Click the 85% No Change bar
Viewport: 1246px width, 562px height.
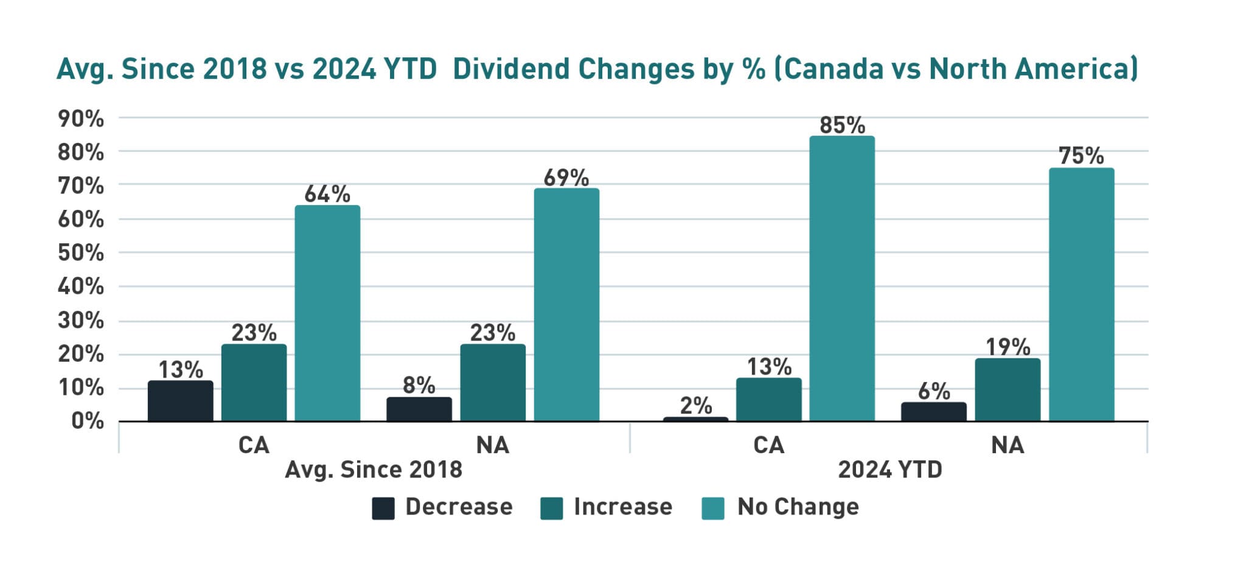pos(842,279)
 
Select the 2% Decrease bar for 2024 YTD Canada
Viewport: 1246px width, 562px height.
pos(695,419)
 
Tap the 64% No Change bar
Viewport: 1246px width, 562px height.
pos(327,313)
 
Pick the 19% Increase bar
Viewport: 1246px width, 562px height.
pos(1008,390)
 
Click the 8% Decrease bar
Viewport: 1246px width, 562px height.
pos(419,409)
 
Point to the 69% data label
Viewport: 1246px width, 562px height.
pos(566,178)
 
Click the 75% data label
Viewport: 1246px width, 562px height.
pos(1081,156)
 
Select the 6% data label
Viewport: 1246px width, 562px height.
pos(934,391)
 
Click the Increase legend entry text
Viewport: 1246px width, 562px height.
pos(623,507)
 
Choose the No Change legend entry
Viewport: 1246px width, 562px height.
pos(798,507)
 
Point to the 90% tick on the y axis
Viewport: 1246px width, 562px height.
pos(81,119)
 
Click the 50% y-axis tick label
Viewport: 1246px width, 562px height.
pos(81,252)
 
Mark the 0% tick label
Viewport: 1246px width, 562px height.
pos(88,421)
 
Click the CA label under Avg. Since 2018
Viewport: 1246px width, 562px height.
pos(254,445)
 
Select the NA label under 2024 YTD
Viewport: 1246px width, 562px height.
pos(1008,445)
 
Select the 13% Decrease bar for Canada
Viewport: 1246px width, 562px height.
pos(181,401)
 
